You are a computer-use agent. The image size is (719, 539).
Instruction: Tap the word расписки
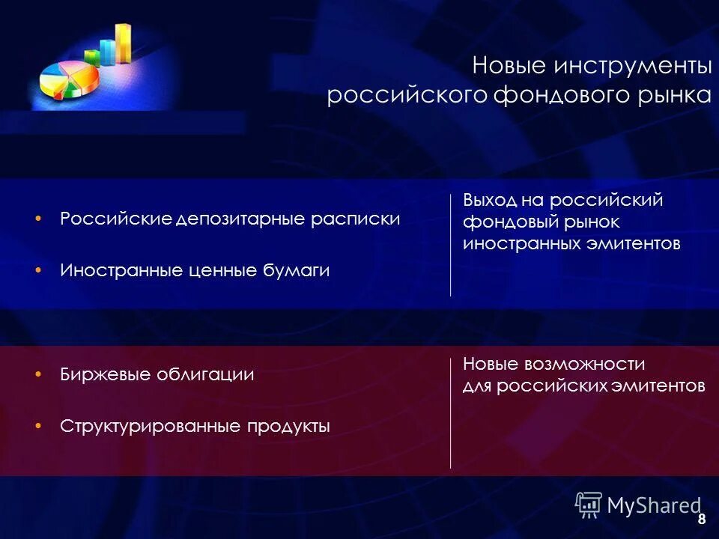pyautogui.click(x=358, y=219)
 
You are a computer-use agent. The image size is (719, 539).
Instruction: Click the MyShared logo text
pyautogui.click(x=653, y=505)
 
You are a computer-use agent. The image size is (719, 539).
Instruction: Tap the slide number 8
pyautogui.click(x=701, y=520)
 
